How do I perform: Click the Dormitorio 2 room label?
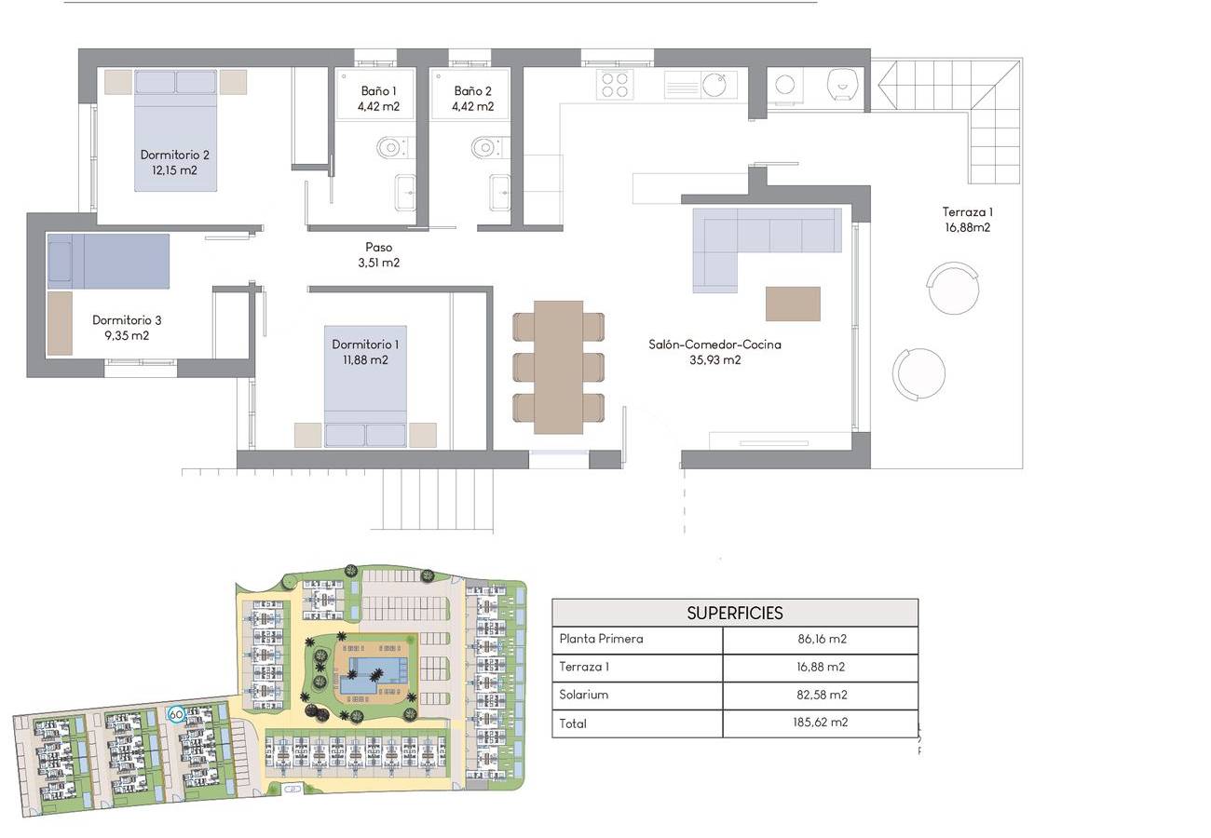pos(174,162)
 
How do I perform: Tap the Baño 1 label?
pos(378,90)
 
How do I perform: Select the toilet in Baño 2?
pos(486,147)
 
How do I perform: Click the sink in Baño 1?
pos(405,193)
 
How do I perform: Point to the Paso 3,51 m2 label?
pos(378,255)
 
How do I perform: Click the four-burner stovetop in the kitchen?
pos(615,86)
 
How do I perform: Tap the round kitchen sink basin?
pos(714,84)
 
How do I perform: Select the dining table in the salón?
pos(559,368)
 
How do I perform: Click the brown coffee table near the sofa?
pos(793,304)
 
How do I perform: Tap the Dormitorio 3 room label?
pos(127,328)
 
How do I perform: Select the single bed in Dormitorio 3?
pos(108,261)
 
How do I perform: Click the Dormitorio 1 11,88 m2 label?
pos(365,352)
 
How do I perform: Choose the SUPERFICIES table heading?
pos(735,613)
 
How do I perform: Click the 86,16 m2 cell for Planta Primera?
pos(822,639)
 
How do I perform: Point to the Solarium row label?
pos(584,695)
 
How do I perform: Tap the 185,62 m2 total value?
pos(820,722)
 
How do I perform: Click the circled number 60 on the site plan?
pos(176,714)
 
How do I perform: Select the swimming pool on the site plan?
pos(373,675)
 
